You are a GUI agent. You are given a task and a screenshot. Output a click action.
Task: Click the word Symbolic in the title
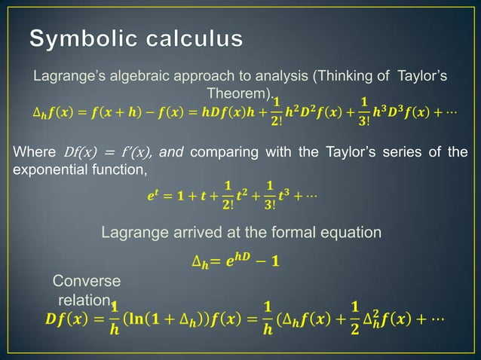[81, 38]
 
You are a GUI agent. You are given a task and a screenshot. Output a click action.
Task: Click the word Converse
[85, 281]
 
